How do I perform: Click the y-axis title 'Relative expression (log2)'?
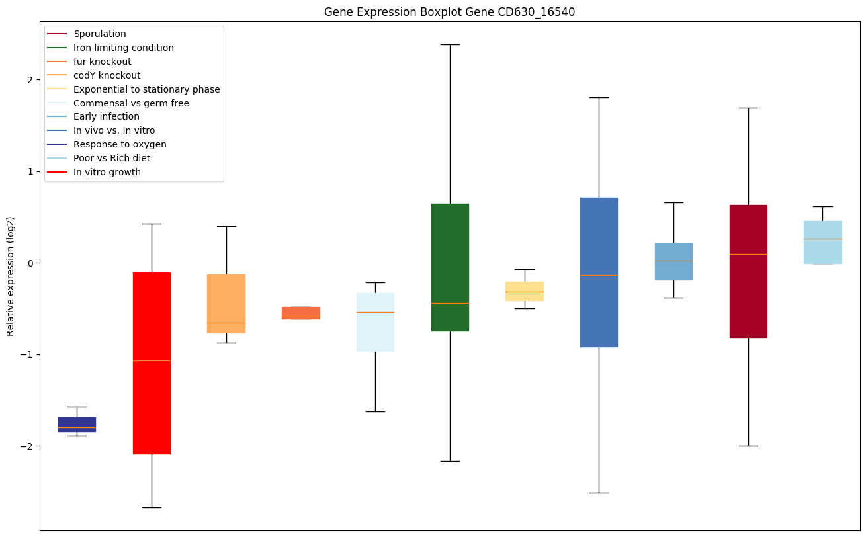pos(11,276)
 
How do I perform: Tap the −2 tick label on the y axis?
pos(28,446)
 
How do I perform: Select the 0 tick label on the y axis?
pos(30,263)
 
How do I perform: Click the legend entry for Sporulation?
pos(100,34)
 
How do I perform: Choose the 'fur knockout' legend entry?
pos(103,62)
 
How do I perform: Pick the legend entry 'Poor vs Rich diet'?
pos(112,158)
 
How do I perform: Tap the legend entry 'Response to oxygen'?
pos(120,144)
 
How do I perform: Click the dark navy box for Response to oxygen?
pos(77,423)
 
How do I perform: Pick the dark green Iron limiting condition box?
pos(450,267)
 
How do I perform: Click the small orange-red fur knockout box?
pos(301,313)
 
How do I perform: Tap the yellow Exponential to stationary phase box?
pos(525,291)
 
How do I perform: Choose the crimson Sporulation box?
pos(748,271)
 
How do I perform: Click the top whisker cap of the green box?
pos(450,44)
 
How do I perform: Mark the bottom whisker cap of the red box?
pos(152,507)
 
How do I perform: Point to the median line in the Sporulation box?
pos(748,254)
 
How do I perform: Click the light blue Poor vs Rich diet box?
pos(823,242)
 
